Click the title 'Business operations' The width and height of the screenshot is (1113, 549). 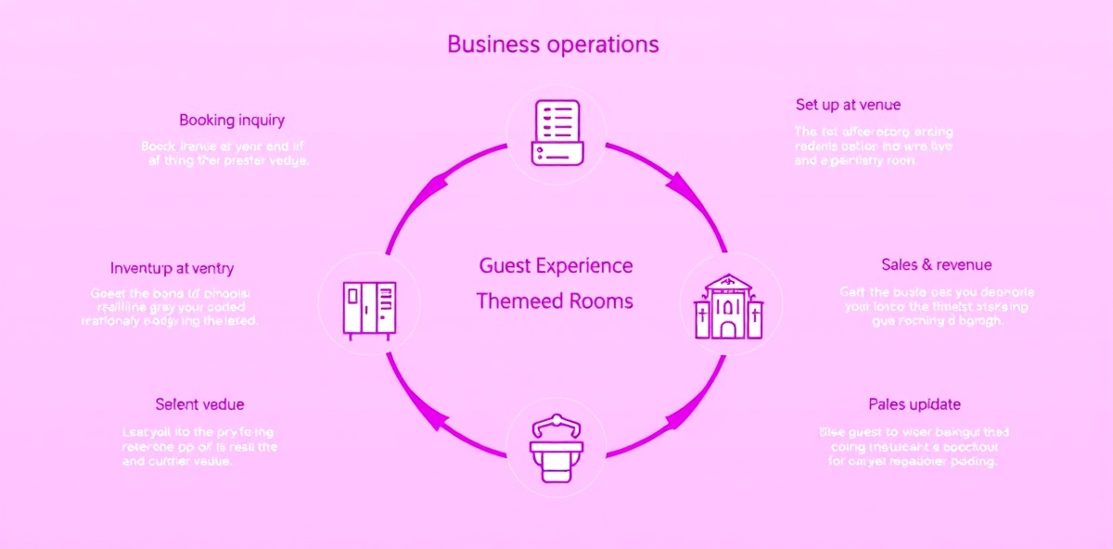click(553, 45)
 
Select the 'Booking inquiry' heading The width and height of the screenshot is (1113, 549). click(232, 120)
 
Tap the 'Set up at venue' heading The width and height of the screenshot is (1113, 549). click(848, 105)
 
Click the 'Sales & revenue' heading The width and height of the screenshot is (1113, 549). click(936, 265)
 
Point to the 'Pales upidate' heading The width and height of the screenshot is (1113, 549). click(914, 404)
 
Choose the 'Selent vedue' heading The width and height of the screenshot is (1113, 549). click(199, 404)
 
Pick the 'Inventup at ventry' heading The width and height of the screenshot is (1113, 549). click(172, 269)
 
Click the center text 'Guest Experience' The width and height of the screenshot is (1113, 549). click(556, 266)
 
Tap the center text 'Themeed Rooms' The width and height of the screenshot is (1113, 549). click(555, 301)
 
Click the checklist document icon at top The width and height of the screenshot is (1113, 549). click(556, 134)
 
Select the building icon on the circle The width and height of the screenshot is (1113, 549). click(728, 306)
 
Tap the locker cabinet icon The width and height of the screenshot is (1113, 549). click(370, 310)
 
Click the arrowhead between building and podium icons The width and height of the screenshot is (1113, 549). click(684, 415)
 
